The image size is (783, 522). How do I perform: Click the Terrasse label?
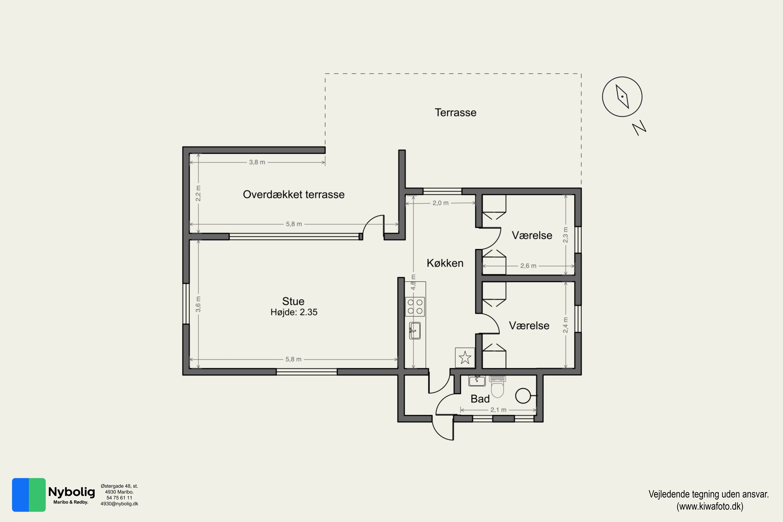click(x=455, y=112)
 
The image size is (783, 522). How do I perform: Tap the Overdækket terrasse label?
click(x=294, y=194)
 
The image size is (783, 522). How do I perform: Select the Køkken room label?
click(x=445, y=263)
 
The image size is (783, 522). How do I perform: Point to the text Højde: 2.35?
click(x=294, y=312)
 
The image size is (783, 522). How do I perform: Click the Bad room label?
click(x=480, y=399)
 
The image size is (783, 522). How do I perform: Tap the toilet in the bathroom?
click(x=497, y=387)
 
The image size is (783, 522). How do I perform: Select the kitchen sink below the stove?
click(x=415, y=331)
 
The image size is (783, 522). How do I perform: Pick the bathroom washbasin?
click(x=477, y=381)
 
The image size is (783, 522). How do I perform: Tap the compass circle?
click(x=622, y=97)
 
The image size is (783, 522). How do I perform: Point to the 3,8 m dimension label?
click(x=257, y=162)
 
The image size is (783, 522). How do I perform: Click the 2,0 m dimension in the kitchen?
click(x=441, y=203)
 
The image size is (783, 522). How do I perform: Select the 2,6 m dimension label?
click(x=528, y=266)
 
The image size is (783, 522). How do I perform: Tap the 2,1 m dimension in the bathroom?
click(x=498, y=410)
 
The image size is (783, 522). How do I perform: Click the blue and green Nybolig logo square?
click(x=29, y=495)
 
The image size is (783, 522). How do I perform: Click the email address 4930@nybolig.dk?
click(x=119, y=504)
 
